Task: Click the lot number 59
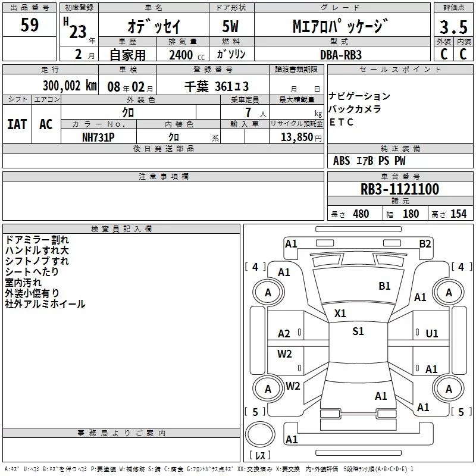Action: point(30,26)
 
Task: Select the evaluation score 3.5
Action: point(453,27)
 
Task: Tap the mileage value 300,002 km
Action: point(70,86)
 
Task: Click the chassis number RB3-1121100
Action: point(400,189)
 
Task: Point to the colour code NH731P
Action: point(98,137)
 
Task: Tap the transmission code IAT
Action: point(17,124)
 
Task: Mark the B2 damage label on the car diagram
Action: point(425,243)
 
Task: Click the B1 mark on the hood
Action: point(384,286)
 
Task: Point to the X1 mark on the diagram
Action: point(340,313)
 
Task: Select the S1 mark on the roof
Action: point(358,331)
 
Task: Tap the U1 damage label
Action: point(432,334)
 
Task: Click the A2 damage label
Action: point(284,334)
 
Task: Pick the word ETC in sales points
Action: point(342,123)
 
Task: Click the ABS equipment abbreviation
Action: point(342,161)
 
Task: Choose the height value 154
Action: point(458,214)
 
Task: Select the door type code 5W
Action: point(231,27)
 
